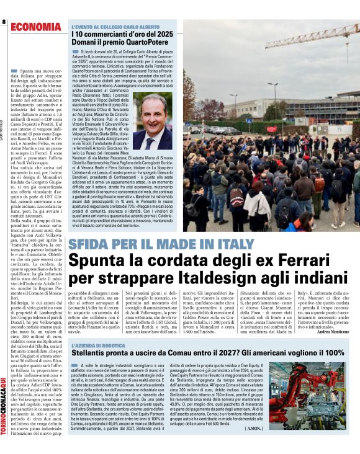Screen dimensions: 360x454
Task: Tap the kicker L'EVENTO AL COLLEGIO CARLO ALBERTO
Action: point(115,27)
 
